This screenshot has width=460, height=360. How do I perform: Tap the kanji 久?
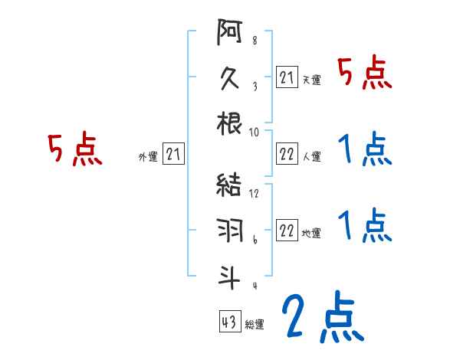tap(230, 79)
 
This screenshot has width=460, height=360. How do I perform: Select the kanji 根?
tap(230, 123)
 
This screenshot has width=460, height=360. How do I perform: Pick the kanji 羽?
tap(230, 231)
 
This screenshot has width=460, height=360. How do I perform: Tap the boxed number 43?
tap(228, 322)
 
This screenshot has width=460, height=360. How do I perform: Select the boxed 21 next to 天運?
tap(287, 78)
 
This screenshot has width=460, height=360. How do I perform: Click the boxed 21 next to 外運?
tap(173, 155)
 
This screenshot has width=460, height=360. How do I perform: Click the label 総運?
tap(255, 325)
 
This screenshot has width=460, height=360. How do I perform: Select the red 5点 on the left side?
tap(75, 149)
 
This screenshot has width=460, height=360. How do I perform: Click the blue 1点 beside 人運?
tap(365, 149)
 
